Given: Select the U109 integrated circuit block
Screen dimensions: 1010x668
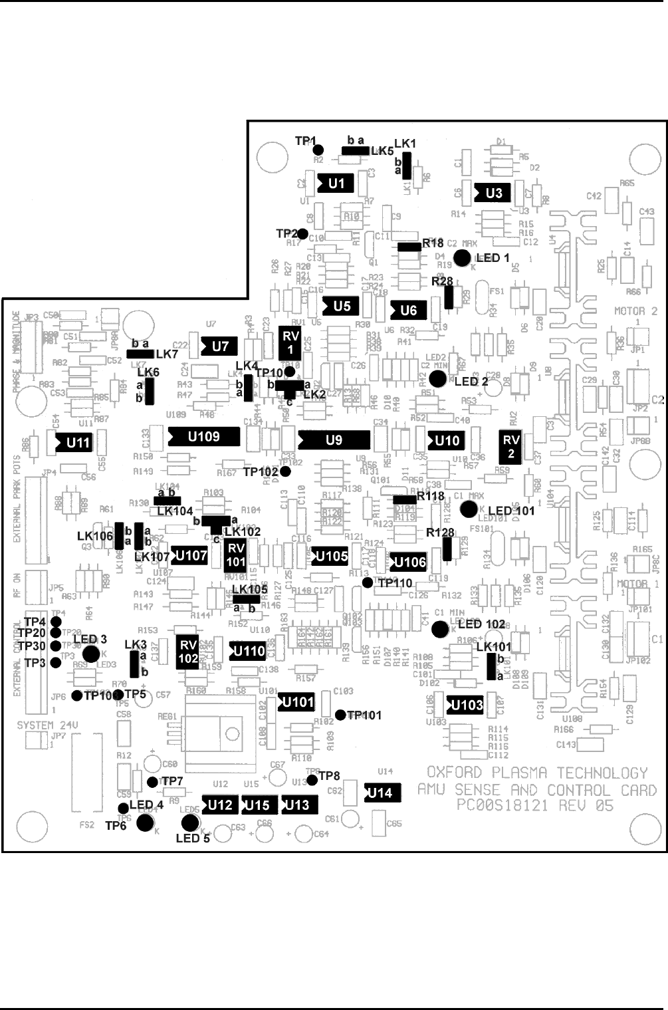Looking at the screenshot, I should (203, 436).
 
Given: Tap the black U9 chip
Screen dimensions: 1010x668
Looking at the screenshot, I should (334, 440).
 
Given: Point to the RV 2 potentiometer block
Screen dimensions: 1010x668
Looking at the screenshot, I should (510, 447).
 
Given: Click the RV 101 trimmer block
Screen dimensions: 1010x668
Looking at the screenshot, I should (235, 555).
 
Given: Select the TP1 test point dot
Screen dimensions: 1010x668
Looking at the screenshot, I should (318, 150).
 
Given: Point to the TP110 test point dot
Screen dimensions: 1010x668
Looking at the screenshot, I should (368, 582).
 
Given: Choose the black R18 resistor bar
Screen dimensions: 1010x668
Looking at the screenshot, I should (409, 247).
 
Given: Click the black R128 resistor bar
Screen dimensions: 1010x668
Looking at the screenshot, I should (447, 549).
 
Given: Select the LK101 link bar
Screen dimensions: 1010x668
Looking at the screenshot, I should (491, 667).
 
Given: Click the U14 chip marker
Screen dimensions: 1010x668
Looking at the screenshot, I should (379, 793).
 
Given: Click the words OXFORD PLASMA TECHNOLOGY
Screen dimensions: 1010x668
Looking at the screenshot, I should (536, 773).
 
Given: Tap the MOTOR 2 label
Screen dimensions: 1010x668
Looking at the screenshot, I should (635, 311).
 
